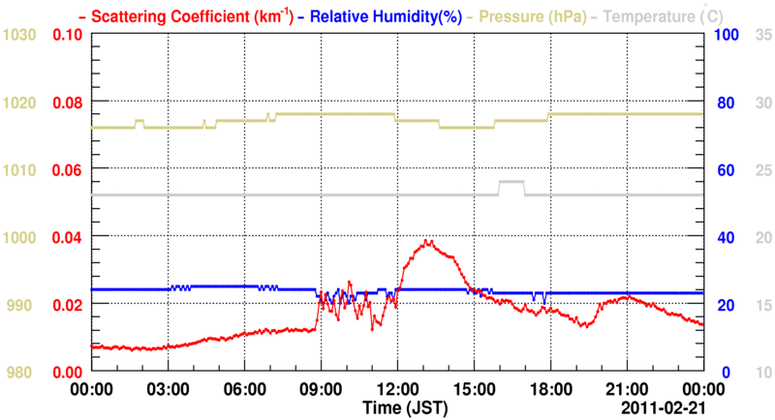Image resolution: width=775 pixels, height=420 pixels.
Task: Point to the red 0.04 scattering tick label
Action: click(x=67, y=237)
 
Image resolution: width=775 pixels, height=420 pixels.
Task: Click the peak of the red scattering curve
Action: click(x=427, y=241)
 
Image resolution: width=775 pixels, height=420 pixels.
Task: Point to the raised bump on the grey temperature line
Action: click(x=511, y=182)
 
